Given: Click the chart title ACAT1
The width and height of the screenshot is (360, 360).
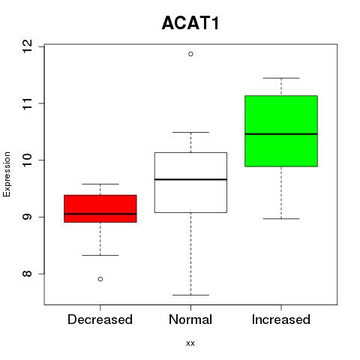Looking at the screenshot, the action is (x=190, y=23).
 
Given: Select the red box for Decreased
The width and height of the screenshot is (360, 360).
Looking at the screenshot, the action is (x=100, y=208).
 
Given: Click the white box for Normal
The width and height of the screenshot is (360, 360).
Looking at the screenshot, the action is (x=190, y=182).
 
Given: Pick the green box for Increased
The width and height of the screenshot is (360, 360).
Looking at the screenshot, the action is (x=281, y=131).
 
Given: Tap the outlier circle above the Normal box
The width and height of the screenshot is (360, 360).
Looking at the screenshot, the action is (x=190, y=54).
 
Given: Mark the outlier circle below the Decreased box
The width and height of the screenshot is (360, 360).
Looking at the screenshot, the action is (x=100, y=279).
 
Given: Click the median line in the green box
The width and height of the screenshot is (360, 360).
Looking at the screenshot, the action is (x=281, y=134).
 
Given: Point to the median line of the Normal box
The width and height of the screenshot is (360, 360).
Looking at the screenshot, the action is (x=190, y=179).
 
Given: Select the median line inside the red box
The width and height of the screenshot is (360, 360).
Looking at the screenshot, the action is (x=100, y=214).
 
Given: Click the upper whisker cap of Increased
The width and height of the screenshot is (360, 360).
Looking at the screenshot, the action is (x=281, y=78).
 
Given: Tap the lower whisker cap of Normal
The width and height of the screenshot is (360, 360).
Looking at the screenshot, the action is (x=190, y=295).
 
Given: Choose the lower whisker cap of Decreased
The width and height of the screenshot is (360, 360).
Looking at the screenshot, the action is (x=100, y=255).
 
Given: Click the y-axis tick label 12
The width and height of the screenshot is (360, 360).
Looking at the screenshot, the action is (x=27, y=46).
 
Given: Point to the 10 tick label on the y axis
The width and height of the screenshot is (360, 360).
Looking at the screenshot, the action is (x=27, y=160).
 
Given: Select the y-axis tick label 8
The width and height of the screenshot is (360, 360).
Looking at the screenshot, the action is (x=27, y=274).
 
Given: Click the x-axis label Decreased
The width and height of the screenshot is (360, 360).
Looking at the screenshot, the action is (x=100, y=319).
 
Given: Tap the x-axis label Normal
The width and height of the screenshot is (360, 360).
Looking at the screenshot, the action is (x=190, y=319).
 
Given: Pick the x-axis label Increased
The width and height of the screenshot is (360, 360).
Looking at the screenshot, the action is (x=281, y=319).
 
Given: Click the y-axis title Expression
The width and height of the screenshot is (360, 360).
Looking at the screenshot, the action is (x=7, y=174).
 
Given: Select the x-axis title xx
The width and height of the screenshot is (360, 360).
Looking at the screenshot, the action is (x=190, y=343).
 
